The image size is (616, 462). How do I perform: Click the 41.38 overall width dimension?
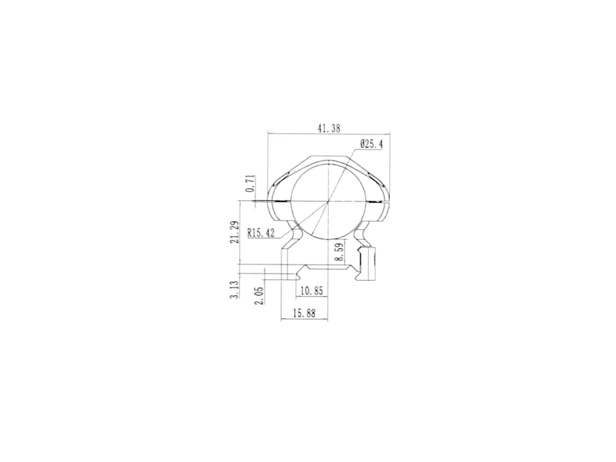tap(329, 128)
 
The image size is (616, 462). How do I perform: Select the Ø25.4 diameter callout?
tap(371, 144)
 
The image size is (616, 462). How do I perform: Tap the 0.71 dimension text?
tap(251, 183)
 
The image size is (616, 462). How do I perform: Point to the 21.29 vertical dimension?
tap(235, 232)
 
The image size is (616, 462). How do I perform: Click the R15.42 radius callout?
tap(261, 233)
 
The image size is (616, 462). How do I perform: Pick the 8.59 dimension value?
tap(339, 252)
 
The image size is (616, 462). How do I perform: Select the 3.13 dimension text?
tap(235, 290)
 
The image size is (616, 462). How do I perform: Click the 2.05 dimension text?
tap(260, 295)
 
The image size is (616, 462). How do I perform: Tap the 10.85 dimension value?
tap(312, 291)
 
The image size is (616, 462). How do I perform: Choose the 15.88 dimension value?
tap(304, 313)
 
